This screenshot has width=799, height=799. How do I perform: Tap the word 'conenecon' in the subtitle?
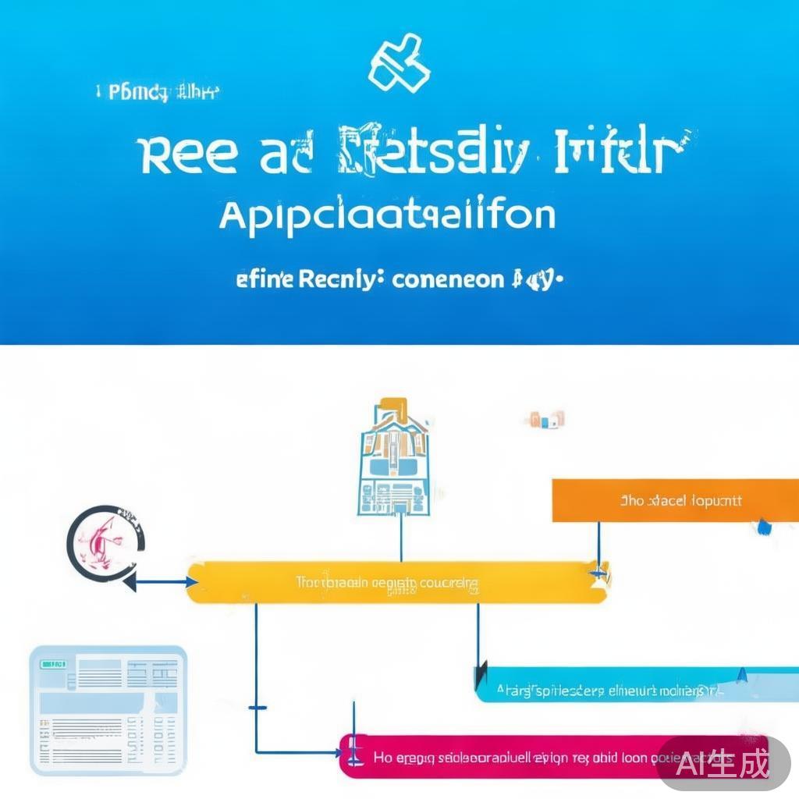pyautogui.click(x=448, y=279)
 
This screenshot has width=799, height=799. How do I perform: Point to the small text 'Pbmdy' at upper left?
pyautogui.click(x=138, y=94)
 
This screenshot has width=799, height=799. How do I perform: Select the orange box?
pyautogui.click(x=675, y=500)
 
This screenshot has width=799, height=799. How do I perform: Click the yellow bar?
pyautogui.click(x=396, y=583)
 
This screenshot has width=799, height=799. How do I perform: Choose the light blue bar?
pyautogui.click(x=636, y=686)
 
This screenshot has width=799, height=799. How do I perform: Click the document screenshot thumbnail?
pyautogui.click(x=108, y=709)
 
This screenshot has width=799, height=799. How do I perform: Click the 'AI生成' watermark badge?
pyautogui.click(x=723, y=762)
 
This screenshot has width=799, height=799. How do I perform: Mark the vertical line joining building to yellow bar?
pyautogui.click(x=401, y=538)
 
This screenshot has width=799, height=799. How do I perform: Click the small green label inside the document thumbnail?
pyautogui.click(x=53, y=664)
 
